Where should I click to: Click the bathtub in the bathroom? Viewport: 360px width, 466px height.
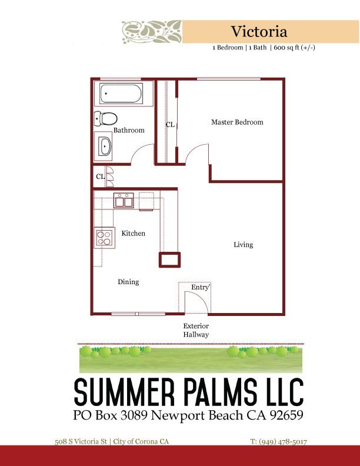click(x=121, y=94)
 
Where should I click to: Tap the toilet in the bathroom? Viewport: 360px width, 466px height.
click(x=105, y=119)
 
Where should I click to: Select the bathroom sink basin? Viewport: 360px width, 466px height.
click(x=105, y=147)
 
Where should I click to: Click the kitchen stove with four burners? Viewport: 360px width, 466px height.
click(x=105, y=238)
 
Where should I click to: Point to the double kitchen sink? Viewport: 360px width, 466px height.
click(x=124, y=201)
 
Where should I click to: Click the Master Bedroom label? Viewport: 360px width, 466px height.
click(x=237, y=122)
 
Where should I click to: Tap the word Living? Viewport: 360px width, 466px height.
click(x=244, y=245)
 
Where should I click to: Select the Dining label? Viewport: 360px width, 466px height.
click(x=128, y=282)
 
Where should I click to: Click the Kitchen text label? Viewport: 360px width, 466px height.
click(x=134, y=234)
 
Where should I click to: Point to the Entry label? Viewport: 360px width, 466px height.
click(x=201, y=287)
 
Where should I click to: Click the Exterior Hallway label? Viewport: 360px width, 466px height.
click(x=196, y=330)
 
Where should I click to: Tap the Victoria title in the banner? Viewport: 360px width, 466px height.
click(x=259, y=32)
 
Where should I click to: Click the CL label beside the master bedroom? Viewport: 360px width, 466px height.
click(x=170, y=125)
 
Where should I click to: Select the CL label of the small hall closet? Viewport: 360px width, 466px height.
click(x=101, y=177)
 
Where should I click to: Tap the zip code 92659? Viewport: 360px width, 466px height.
click(x=286, y=415)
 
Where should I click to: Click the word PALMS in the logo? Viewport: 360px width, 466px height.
click(x=220, y=392)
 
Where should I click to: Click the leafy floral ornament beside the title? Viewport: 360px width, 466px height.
click(x=152, y=32)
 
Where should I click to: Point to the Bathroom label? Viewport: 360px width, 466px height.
click(x=129, y=130)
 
